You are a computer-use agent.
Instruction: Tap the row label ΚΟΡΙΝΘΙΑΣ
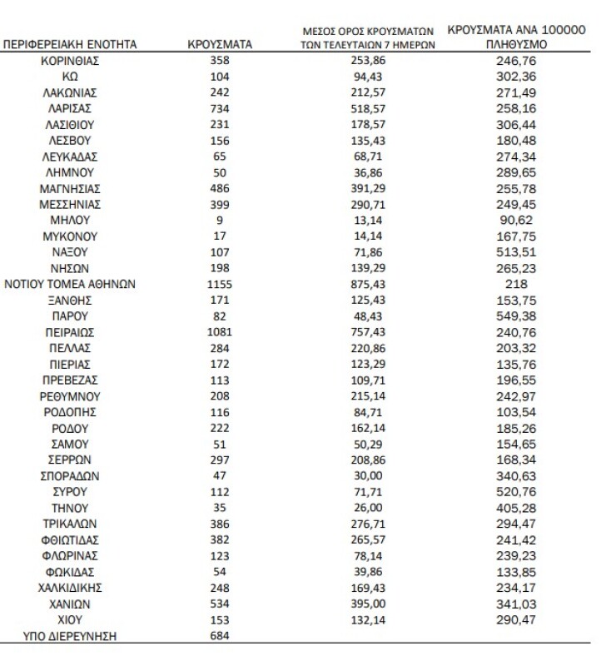[x=71, y=62]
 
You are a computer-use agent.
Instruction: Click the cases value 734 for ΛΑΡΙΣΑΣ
[x=220, y=109]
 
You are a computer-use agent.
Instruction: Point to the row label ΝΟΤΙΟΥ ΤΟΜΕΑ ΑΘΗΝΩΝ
[x=71, y=284]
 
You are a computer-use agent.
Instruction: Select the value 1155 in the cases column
[x=220, y=284]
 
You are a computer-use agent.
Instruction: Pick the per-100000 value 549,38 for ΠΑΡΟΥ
[x=516, y=316]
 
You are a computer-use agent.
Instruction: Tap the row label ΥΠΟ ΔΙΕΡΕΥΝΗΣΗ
[x=71, y=636]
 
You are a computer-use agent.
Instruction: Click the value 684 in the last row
[x=220, y=636]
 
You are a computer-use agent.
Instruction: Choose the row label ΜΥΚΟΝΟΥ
[x=71, y=236]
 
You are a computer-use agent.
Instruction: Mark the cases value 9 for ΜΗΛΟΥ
[x=220, y=221]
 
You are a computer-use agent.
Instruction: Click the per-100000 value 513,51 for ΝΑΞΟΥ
[x=516, y=252]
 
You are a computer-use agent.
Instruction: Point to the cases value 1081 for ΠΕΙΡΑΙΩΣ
[x=220, y=331]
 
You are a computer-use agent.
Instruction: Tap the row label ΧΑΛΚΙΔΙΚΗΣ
[x=71, y=588]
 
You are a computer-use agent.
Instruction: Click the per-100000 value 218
[x=516, y=284]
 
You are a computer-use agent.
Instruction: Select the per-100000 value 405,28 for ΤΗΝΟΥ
[x=516, y=508]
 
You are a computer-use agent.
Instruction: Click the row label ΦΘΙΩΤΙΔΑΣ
[x=71, y=539]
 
